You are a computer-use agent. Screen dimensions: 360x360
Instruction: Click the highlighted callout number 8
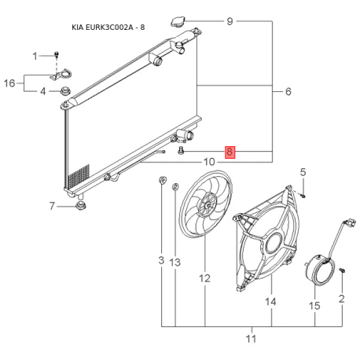[x=230, y=152]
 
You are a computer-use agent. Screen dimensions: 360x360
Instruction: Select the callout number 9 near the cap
[x=230, y=21]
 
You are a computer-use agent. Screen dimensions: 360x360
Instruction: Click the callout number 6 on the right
[x=288, y=92]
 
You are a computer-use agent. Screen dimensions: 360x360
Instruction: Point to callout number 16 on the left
[x=10, y=83]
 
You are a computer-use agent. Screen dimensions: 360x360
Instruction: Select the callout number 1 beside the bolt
[x=35, y=55]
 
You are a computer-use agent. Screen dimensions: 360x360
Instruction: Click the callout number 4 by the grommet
[x=42, y=92]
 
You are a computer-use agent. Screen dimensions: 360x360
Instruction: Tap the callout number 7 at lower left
[x=52, y=207]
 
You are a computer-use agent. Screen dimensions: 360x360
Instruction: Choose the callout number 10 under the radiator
[x=209, y=163]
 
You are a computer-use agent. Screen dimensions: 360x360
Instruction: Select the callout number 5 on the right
[x=303, y=172]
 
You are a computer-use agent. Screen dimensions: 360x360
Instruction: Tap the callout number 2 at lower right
[x=342, y=299]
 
